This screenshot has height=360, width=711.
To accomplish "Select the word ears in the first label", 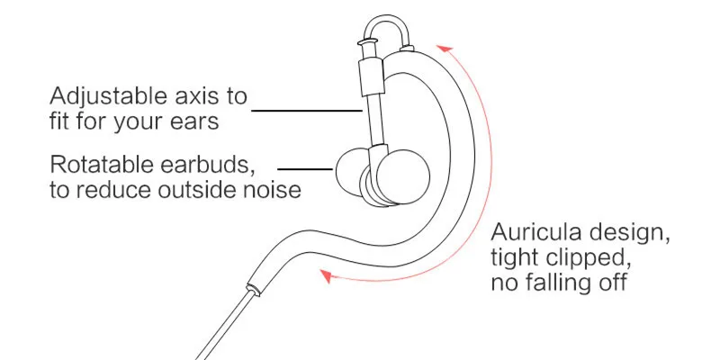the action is pos(194,121).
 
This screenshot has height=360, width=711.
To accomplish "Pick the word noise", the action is pos(275,190).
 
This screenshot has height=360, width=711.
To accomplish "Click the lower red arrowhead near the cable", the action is pos(328,278).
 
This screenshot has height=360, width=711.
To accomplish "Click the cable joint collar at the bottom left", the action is pos(254,288).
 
